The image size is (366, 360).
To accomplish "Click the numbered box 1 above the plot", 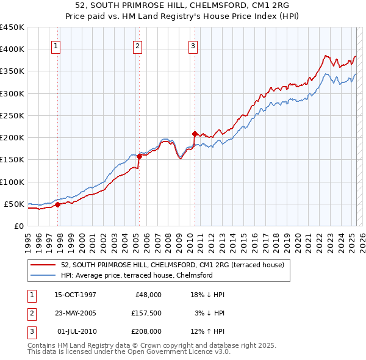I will pos(56,45).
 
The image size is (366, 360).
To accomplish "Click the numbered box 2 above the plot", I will pos(137,45).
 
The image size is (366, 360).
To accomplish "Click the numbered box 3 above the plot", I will pos(193,45).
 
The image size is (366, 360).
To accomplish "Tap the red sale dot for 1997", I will pos(58,205).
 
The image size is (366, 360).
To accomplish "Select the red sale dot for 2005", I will pos(139,156).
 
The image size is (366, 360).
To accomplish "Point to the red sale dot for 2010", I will pos(195,134).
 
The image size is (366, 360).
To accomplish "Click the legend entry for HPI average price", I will pos(137,275).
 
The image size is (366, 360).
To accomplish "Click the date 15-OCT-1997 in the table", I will pos(75,295).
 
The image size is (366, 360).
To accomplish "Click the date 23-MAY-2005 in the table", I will pos(75,313).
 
